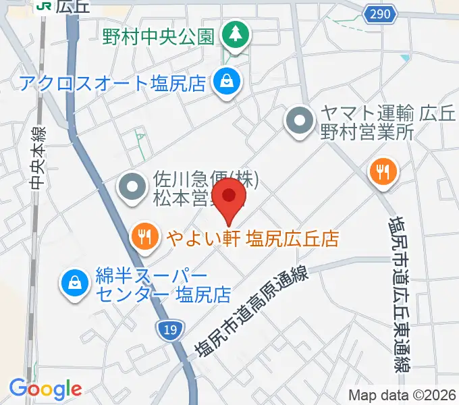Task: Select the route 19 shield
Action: click(x=170, y=329)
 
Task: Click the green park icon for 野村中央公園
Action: click(x=236, y=32)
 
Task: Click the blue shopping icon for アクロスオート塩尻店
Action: click(x=224, y=83)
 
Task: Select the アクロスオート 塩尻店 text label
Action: click(x=112, y=84)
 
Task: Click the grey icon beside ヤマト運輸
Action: click(x=300, y=122)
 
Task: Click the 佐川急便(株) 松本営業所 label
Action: click(x=196, y=190)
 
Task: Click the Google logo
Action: click(x=45, y=388)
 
